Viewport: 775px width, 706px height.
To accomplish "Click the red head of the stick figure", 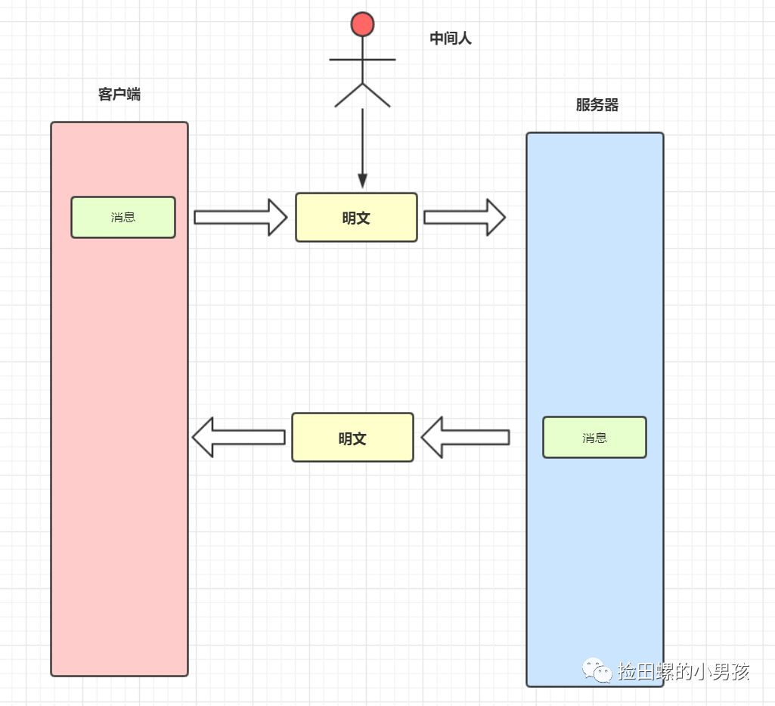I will tap(362, 24).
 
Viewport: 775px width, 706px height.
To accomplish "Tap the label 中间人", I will tap(451, 39).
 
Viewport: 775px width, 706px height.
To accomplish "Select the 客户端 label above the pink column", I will tap(119, 94).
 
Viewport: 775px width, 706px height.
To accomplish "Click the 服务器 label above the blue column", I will tap(597, 105).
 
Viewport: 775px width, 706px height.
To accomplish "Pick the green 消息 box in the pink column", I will tap(123, 218).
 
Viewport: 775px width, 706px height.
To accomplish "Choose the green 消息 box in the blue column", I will tap(594, 438).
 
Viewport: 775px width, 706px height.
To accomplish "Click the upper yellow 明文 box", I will tap(356, 218).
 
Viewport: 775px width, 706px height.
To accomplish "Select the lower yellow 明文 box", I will tap(352, 438).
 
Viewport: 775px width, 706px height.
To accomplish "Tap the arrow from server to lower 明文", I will tap(465, 438).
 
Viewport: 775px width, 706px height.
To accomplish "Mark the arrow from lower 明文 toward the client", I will tap(239, 438).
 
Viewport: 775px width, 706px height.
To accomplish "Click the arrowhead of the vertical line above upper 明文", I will tap(362, 181).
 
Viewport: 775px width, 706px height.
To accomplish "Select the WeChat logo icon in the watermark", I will tap(597, 670).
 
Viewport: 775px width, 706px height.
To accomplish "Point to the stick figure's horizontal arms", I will tap(362, 59).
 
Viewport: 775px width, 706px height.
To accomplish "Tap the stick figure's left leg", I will tap(349, 95).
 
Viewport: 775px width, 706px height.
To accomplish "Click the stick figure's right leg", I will tap(377, 95).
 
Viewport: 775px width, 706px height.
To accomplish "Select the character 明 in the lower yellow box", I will tap(345, 438).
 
